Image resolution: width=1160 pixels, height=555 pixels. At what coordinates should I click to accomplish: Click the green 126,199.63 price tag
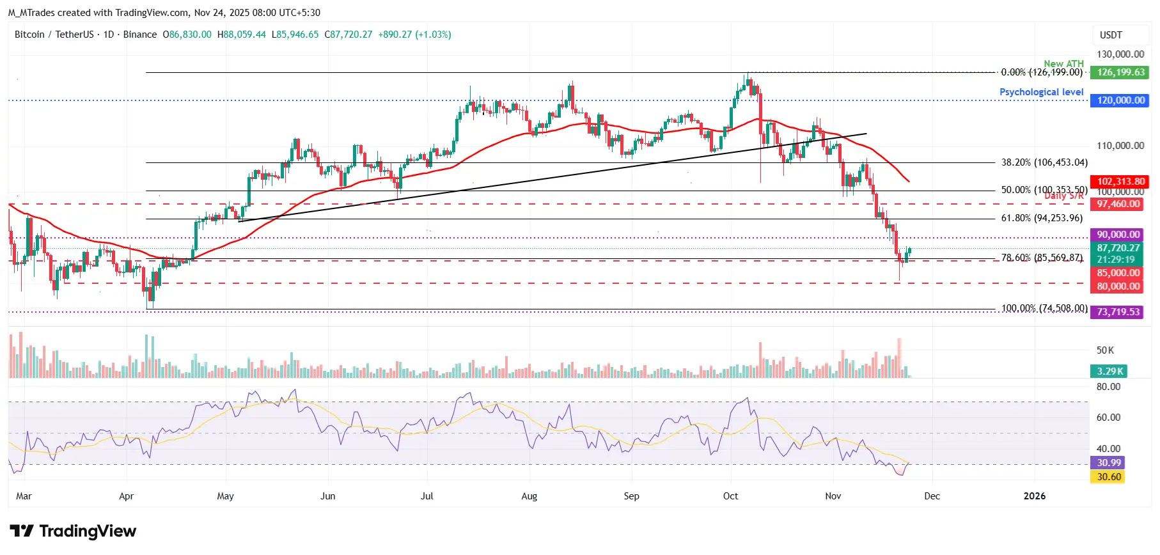(x=1120, y=72)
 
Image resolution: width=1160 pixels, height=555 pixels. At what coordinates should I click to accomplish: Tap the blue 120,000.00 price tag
(x=1120, y=100)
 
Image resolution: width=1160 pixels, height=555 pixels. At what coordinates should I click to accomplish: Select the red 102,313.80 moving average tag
(x=1120, y=182)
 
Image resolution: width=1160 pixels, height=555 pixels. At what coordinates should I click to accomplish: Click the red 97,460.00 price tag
(x=1118, y=204)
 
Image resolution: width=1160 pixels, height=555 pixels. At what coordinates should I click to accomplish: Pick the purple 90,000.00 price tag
(x=1118, y=235)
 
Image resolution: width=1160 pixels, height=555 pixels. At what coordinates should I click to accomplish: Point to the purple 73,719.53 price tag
(x=1118, y=312)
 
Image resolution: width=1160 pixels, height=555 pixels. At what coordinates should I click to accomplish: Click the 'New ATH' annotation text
(x=1063, y=63)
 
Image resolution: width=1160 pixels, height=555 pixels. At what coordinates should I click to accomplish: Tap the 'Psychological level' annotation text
(x=1041, y=92)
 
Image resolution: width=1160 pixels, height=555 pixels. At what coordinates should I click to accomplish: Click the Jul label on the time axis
(x=427, y=496)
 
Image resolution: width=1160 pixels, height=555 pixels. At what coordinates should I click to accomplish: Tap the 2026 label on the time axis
(x=1034, y=496)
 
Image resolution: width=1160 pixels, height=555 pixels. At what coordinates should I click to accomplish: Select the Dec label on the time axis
(x=932, y=496)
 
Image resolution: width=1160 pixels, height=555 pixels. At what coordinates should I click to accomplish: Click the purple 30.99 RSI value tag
(x=1108, y=463)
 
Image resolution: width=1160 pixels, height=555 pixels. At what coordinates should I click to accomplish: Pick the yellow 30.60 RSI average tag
(x=1108, y=477)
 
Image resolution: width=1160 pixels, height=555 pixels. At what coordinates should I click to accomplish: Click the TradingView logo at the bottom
(x=73, y=531)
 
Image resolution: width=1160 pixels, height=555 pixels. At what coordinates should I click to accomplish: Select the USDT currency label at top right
(x=1111, y=35)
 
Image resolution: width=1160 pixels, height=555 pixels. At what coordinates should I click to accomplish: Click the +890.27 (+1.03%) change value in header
(x=414, y=35)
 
